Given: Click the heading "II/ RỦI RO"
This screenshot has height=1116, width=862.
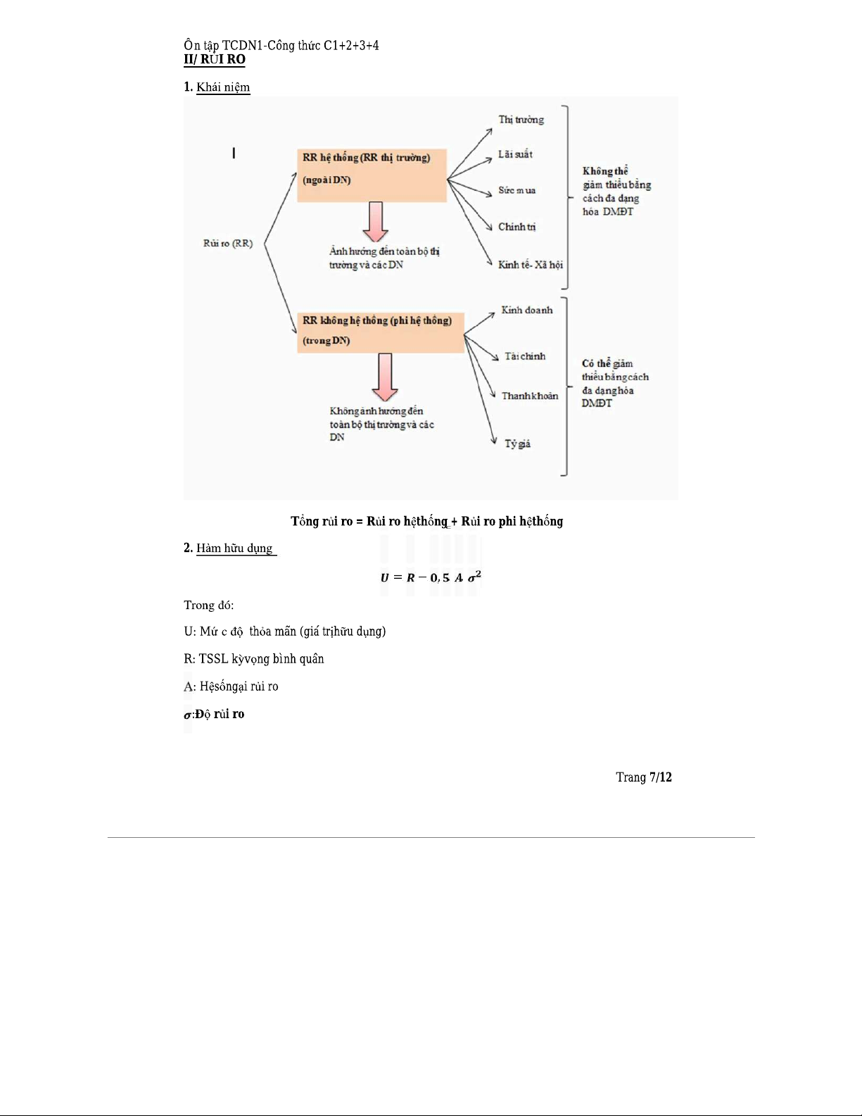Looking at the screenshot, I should coord(215,60).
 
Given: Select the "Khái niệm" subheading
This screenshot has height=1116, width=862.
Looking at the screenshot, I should coord(223,87).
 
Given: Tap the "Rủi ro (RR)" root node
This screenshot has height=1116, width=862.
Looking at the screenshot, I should coord(228,244).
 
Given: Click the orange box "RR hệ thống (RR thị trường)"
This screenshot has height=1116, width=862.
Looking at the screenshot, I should coord(372,175).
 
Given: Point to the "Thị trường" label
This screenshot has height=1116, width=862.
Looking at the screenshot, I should coord(521,120).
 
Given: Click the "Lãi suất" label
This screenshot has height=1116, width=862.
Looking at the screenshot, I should coord(515,154).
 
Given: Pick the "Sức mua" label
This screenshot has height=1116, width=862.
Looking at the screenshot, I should coord(516,190).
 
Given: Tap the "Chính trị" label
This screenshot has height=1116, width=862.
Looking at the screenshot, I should coord(516,227).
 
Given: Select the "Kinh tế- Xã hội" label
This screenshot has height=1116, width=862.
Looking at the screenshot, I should coord(530,265).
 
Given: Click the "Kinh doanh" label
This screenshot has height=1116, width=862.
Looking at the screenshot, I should coord(527,310).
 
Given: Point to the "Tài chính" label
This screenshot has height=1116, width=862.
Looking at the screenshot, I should coord(524,356).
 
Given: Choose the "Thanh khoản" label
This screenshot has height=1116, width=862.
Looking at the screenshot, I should coord(529,396).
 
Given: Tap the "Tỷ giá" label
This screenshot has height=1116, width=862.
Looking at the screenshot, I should coord(517,444).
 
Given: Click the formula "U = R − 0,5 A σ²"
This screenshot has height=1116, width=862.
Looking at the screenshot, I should coord(431,578).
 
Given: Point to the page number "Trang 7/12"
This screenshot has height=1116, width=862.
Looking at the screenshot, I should coord(643,777).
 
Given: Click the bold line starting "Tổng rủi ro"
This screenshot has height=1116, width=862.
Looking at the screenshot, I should coord(426,522).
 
